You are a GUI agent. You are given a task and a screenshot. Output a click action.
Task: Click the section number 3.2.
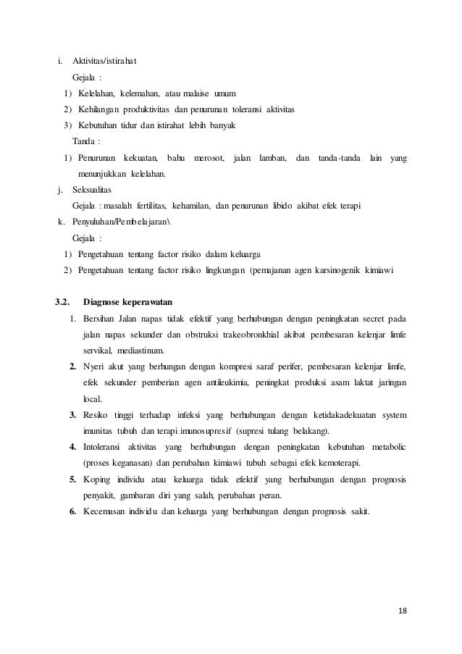click(64, 301)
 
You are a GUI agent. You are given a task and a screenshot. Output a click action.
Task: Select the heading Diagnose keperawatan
click(127, 301)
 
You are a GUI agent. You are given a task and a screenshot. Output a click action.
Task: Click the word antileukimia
click(237, 383)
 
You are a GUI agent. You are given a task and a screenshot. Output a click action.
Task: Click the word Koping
click(96, 480)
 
